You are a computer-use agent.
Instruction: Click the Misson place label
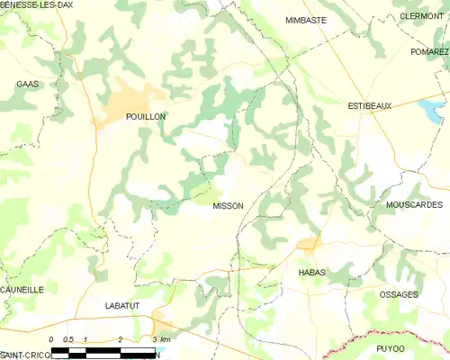pos(228,206)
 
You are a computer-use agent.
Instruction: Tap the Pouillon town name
pos(121,117)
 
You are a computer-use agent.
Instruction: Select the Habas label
pos(310,272)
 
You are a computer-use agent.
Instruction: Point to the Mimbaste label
pos(306,19)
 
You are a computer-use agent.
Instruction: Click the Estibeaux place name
pos(370,106)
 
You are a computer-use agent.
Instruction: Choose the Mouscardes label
pos(414,205)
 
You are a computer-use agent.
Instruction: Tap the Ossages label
pos(399,295)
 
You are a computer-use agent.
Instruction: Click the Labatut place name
pos(121,307)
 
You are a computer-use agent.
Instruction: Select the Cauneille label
pos(22,290)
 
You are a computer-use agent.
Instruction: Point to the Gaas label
pos(25,84)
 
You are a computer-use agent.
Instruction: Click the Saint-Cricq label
pos(24,355)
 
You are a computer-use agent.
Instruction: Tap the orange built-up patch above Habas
pos(309,243)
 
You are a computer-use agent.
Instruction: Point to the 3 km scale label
pos(161,338)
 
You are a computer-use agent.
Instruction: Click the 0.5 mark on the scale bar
pos(67,338)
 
